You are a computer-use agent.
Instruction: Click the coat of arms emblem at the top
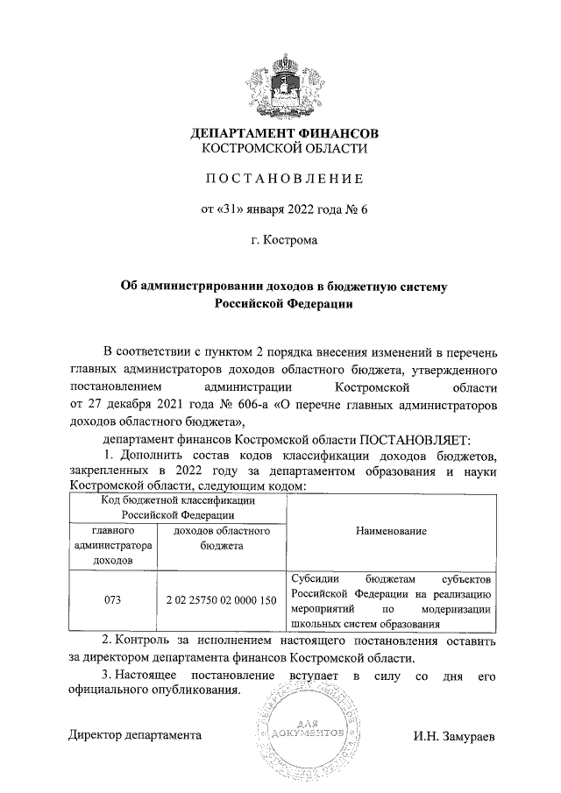tap(284, 85)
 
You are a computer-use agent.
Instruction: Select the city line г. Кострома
tap(284, 238)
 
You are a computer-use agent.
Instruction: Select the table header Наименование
tap(392, 531)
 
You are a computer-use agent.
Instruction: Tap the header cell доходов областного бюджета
tap(221, 538)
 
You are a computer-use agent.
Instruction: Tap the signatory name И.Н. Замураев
tap(454, 735)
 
